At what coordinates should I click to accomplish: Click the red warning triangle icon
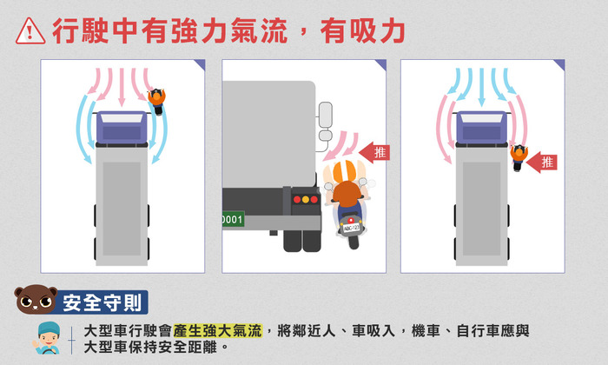[30, 31]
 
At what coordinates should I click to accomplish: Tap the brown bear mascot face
[36, 300]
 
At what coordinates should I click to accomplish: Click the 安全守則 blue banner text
[102, 302]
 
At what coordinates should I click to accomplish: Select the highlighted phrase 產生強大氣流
[218, 331]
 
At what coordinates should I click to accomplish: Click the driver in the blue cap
[47, 338]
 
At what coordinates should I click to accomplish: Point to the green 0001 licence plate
[233, 220]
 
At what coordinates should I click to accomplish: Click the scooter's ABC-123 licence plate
[351, 228]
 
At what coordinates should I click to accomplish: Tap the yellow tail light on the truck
[306, 199]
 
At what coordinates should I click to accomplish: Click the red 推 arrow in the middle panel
[374, 152]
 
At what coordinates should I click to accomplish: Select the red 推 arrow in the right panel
[542, 163]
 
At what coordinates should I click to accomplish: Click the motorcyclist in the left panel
[157, 101]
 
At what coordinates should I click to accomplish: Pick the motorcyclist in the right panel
[519, 157]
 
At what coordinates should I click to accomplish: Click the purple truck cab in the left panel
[122, 128]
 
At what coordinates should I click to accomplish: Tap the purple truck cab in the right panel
[481, 128]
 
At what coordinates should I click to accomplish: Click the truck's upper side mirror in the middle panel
[326, 115]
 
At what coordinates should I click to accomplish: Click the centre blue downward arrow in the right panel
[481, 87]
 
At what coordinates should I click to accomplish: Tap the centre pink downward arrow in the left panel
[122, 87]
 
